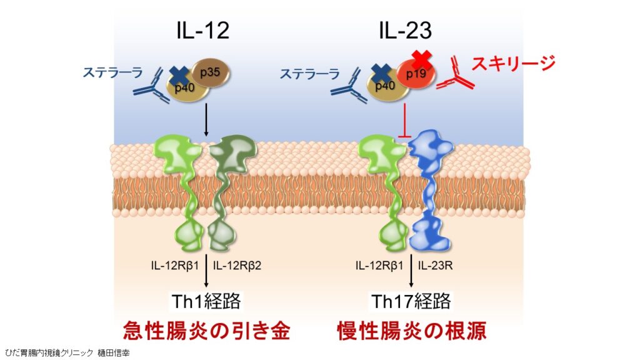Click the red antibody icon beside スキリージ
click(455, 76)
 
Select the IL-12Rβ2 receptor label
click(237, 265)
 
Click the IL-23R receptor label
click(436, 265)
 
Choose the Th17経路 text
click(411, 301)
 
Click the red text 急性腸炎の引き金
click(206, 330)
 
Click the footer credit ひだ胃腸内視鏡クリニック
click(49, 352)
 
